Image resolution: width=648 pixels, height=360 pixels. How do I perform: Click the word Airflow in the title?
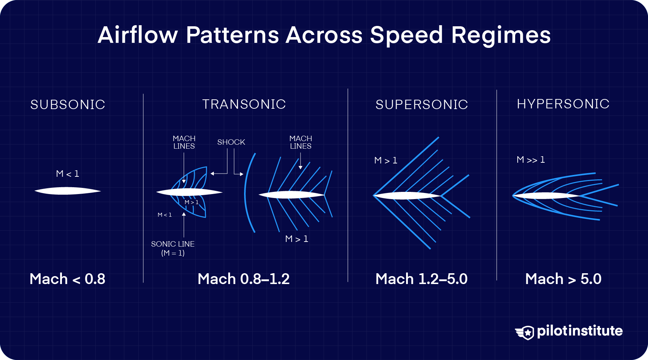tap(138, 35)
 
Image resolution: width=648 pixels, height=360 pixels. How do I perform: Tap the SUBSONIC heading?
tap(68, 105)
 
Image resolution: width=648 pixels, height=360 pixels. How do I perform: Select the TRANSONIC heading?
tap(244, 104)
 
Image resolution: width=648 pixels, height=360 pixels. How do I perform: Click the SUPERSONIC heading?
tap(422, 105)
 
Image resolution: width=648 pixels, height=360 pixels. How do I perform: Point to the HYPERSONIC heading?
tap(563, 104)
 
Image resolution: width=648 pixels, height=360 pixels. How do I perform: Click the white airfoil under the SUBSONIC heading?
tap(68, 191)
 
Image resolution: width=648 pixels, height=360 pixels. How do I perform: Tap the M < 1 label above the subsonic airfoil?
tap(68, 174)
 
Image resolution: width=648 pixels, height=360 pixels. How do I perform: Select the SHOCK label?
tap(231, 142)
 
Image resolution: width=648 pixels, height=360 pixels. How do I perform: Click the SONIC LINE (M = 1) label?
tap(173, 248)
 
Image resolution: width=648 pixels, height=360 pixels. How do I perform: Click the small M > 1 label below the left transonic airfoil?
tap(192, 202)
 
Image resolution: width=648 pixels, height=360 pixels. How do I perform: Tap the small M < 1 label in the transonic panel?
tap(165, 215)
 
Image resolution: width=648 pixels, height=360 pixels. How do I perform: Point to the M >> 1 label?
tap(531, 160)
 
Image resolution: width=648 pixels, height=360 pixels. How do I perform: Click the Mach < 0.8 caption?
tap(67, 279)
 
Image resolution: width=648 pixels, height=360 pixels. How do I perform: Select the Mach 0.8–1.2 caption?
tap(244, 279)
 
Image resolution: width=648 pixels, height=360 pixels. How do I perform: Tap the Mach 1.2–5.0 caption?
tap(422, 279)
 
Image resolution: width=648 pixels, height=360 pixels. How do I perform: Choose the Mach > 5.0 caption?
tap(563, 279)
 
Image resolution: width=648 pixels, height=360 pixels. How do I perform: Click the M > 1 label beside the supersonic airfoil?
tap(386, 161)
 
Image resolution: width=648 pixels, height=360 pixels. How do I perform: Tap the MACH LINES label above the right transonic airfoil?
tap(301, 143)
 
